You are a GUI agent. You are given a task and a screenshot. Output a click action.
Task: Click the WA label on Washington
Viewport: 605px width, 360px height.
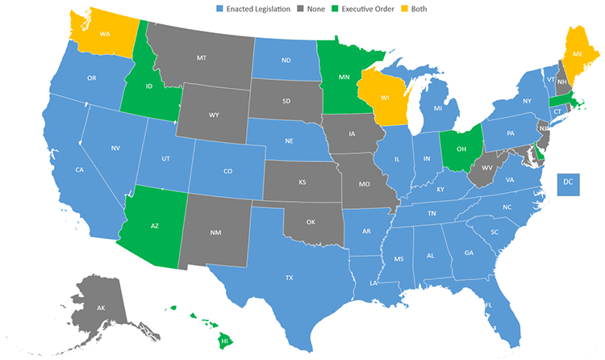pyautogui.click(x=105, y=35)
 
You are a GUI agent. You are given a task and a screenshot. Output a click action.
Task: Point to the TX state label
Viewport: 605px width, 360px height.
pyautogui.click(x=289, y=277)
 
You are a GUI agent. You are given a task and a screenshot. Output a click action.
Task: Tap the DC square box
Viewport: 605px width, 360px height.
pyautogui.click(x=569, y=185)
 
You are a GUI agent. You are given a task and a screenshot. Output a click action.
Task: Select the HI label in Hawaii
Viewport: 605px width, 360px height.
pyautogui.click(x=225, y=341)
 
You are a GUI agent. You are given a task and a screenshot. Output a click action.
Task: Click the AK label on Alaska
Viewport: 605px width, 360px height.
pyautogui.click(x=102, y=308)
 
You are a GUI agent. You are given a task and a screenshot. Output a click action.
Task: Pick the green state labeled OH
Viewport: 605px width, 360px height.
pyautogui.click(x=461, y=148)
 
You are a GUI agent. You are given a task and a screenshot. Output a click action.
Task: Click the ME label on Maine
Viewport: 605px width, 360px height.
pyautogui.click(x=578, y=53)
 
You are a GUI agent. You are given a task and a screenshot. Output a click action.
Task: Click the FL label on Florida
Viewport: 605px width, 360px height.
pyautogui.click(x=489, y=304)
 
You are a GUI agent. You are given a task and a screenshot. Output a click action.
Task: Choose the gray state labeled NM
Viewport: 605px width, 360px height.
pyautogui.click(x=215, y=233)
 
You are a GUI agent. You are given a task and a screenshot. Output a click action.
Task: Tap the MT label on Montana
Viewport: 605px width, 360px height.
pyautogui.click(x=202, y=59)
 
